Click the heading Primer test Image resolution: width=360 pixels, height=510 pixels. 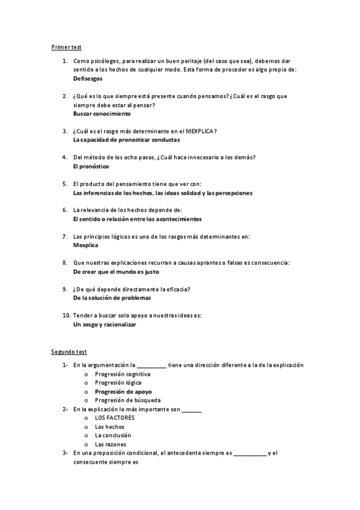tap(66, 47)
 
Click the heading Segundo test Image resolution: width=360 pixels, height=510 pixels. tap(69, 351)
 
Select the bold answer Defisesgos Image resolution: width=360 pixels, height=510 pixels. tap(88, 79)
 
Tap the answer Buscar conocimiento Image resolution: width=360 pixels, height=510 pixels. tap(102, 114)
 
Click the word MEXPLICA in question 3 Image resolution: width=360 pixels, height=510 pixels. tap(200, 131)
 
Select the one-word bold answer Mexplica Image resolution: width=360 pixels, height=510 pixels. tap(85, 245)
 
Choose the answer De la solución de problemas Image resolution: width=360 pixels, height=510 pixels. tap(112, 298)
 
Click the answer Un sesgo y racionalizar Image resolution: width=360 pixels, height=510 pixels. tap(105, 324)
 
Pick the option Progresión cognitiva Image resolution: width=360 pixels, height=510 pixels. tap(123, 374)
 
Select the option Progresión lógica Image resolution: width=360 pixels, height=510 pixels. tap(118, 382)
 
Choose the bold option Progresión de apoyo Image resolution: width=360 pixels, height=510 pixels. tap(123, 392)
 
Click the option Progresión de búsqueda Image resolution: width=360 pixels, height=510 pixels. tap(127, 400)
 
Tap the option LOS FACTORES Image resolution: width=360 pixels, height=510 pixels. tap(115, 417)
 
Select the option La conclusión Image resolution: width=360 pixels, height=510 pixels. tap(113, 435)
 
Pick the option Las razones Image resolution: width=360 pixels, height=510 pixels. tap(110, 444)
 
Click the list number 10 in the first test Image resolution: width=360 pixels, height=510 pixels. tap(66, 316)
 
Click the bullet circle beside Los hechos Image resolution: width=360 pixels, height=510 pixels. tap(86, 426)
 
